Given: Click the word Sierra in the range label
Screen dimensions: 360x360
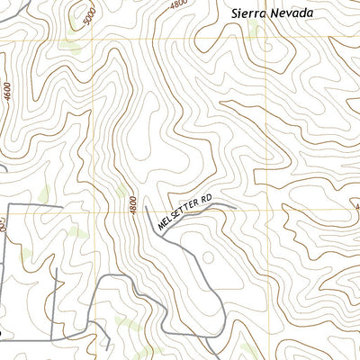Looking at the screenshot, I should point(247,13).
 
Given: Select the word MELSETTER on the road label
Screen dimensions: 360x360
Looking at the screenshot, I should point(176,215).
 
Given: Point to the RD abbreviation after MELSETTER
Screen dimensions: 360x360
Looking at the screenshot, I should point(208,197).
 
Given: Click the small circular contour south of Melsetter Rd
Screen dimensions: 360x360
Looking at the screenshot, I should point(209,257).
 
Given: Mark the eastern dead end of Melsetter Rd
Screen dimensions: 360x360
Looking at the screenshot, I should point(236,207).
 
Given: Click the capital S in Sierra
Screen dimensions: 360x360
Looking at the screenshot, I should point(236,13).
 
